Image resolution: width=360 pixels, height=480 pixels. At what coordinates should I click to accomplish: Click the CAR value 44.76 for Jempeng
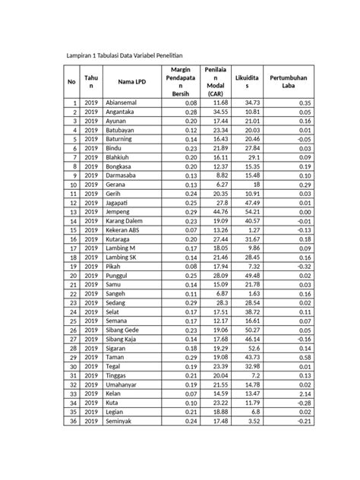[x=220, y=211]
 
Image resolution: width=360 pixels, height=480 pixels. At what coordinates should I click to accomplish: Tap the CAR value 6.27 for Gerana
[x=222, y=184]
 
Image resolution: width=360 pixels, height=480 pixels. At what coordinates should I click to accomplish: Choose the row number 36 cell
[x=74, y=420]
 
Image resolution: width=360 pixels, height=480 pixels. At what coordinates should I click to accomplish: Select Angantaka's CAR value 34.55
[x=220, y=111]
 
